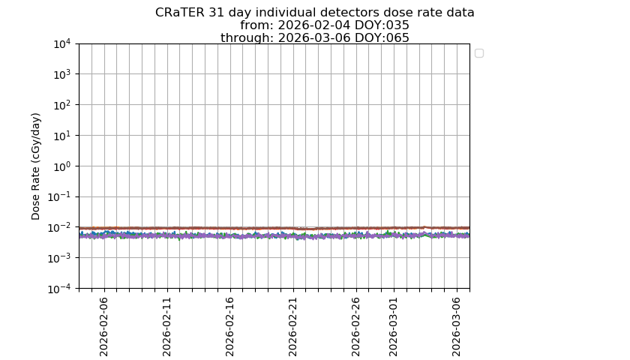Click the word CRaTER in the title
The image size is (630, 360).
tap(179, 13)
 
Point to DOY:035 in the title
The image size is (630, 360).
tap(382, 25)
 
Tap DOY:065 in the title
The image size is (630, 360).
tap(382, 37)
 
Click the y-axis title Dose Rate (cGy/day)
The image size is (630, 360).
tap(36, 166)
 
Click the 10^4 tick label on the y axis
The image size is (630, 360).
tap(63, 43)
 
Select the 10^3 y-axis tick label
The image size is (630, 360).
tap(63, 74)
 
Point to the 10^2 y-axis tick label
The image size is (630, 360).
tap(63, 105)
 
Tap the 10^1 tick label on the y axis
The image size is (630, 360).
tap(63, 136)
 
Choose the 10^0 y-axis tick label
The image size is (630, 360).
tap(63, 166)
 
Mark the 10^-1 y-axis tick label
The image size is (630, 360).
tap(60, 196)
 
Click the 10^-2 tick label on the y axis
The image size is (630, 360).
tap(60, 228)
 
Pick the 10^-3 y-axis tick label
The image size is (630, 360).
tap(60, 258)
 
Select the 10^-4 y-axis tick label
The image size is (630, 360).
tap(60, 289)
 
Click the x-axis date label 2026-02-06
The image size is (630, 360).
tap(103, 327)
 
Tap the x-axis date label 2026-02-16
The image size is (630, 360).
tap(229, 327)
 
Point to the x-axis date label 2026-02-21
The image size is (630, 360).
tap(292, 327)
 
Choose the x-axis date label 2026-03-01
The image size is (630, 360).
tap(393, 327)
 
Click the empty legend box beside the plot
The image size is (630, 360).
tap(479, 53)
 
